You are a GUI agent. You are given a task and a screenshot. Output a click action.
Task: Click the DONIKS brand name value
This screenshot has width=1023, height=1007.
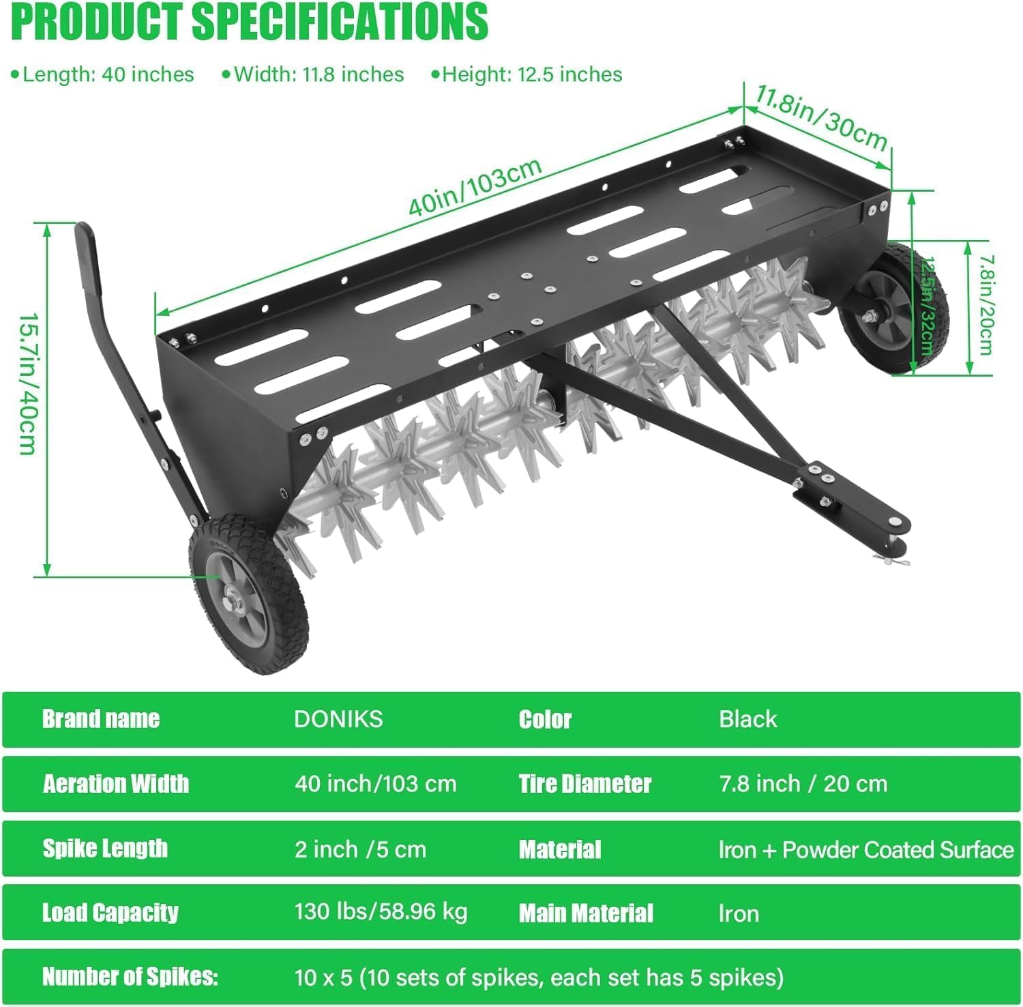tap(338, 719)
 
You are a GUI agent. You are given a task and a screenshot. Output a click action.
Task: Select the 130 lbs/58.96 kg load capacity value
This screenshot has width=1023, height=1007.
tap(381, 912)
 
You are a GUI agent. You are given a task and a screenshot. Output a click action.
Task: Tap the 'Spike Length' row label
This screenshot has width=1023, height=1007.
tap(105, 848)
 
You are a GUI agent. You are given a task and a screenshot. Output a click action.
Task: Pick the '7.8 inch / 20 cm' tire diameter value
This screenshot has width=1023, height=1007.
tap(803, 784)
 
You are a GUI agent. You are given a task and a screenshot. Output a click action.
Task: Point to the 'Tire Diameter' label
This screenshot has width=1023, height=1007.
tap(585, 784)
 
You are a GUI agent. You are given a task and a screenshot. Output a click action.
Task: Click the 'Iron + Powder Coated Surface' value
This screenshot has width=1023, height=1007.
tap(866, 849)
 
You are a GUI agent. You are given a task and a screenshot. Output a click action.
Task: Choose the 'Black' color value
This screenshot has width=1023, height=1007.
tap(748, 719)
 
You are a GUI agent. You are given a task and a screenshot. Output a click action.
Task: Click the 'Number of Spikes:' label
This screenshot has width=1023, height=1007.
tap(130, 977)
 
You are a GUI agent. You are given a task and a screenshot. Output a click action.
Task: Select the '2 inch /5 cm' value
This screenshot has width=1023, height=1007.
tap(360, 849)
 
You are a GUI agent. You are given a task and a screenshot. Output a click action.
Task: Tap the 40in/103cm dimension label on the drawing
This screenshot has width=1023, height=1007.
tap(475, 186)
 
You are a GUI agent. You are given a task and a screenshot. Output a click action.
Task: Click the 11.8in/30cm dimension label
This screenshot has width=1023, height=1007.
tap(821, 117)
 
